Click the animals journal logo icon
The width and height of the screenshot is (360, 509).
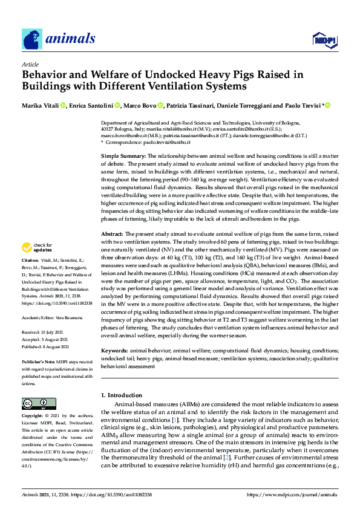(32, 39)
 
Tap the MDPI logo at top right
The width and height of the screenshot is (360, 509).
(324, 41)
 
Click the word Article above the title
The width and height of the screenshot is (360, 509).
(30, 63)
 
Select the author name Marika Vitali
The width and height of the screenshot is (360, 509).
(40, 106)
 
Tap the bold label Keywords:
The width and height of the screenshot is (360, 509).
(116, 351)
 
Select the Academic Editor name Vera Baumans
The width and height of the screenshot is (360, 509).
(70, 316)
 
